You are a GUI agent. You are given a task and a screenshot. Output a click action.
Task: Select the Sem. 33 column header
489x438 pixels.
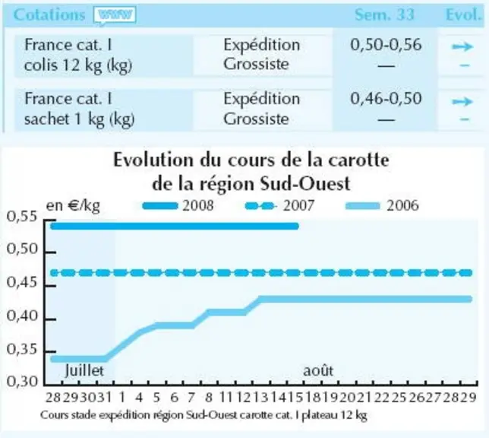click(x=384, y=14)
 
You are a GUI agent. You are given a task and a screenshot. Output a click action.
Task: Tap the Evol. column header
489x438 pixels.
click(x=464, y=14)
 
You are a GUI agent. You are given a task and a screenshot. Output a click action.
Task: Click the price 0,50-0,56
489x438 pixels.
click(x=386, y=45)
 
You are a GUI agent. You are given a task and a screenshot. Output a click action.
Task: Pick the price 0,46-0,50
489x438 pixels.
click(x=386, y=98)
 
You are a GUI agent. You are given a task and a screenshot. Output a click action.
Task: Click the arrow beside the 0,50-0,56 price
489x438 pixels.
click(x=463, y=47)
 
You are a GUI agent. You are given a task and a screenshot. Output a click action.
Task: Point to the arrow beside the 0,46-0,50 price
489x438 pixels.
click(x=463, y=102)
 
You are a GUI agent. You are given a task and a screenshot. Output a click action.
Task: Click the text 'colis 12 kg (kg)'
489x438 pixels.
click(x=78, y=65)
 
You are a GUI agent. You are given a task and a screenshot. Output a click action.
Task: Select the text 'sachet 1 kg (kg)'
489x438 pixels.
click(x=80, y=119)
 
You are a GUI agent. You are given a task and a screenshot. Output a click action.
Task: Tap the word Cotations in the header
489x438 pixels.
click(x=49, y=14)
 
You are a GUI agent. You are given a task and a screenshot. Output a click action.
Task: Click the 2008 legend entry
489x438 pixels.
click(x=178, y=205)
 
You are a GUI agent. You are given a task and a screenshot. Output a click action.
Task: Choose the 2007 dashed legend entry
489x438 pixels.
click(x=279, y=205)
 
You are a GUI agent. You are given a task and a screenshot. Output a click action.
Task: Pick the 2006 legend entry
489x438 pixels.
click(x=383, y=205)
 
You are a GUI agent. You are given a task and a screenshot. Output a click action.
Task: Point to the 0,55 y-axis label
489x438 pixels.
click(x=22, y=216)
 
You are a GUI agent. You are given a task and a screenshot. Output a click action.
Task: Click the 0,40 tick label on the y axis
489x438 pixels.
click(x=22, y=316)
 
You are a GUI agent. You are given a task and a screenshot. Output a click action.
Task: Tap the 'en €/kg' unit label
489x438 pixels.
click(x=73, y=206)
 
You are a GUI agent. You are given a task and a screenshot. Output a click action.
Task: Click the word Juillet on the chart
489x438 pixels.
click(x=84, y=370)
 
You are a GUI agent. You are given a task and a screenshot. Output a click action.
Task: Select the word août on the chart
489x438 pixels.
click(x=318, y=370)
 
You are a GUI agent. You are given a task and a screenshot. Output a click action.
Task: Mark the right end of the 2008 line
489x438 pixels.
click(x=297, y=226)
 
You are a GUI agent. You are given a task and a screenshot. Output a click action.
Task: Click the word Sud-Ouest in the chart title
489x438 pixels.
click(x=305, y=183)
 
